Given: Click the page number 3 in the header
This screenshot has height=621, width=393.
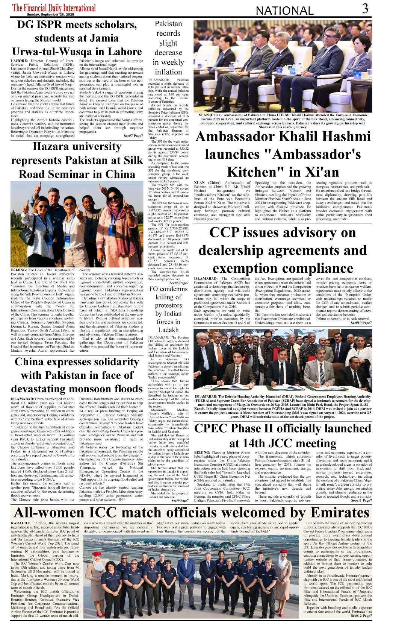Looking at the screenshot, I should (x=365, y=9).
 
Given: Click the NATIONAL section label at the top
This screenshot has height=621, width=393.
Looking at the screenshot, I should (x=284, y=11).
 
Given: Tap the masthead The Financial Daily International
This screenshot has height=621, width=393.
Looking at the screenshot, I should (x=54, y=8).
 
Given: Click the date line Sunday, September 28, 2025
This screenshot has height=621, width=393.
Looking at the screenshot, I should (x=51, y=15).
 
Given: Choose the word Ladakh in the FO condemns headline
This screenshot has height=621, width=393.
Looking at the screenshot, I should (x=168, y=330).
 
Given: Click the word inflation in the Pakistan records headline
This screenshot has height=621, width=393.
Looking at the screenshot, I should (x=168, y=72).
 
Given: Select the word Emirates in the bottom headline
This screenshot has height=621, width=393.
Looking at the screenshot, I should (x=340, y=513).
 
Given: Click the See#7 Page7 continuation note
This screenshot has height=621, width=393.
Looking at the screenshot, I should (x=133, y=136).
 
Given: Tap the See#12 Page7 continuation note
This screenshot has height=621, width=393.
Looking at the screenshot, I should (x=361, y=616).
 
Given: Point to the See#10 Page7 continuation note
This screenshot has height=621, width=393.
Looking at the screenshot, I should (x=361, y=323).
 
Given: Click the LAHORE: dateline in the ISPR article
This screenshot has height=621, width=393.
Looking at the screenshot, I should (x=19, y=61).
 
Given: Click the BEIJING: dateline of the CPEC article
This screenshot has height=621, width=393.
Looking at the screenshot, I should (x=202, y=453).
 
